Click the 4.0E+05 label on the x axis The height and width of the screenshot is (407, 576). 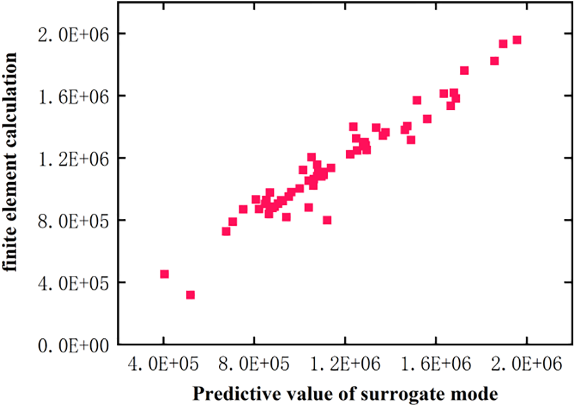click(164, 366)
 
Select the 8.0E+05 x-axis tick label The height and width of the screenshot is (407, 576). click(255, 366)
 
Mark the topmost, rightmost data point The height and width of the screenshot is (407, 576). click(517, 40)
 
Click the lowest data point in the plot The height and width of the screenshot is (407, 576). click(190, 295)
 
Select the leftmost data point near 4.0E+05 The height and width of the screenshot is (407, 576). click(164, 274)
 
